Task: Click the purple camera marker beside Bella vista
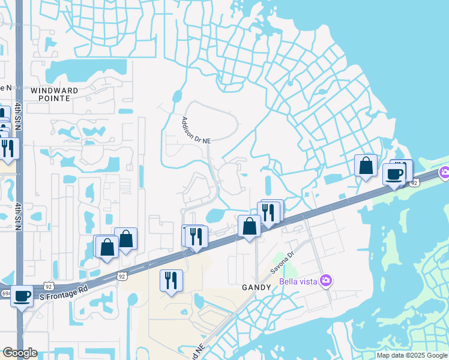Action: click(326, 280)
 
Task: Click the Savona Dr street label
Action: click(283, 262)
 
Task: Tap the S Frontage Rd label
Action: click(64, 289)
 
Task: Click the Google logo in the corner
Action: click(19, 353)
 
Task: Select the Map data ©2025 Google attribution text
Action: click(412, 355)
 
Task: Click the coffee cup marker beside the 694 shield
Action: click(22, 296)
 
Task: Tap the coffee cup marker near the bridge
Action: click(394, 174)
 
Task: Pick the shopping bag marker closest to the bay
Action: click(366, 166)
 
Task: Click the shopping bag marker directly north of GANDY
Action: click(250, 226)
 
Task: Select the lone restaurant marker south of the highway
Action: click(171, 280)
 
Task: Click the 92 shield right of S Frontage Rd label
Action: click(122, 277)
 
